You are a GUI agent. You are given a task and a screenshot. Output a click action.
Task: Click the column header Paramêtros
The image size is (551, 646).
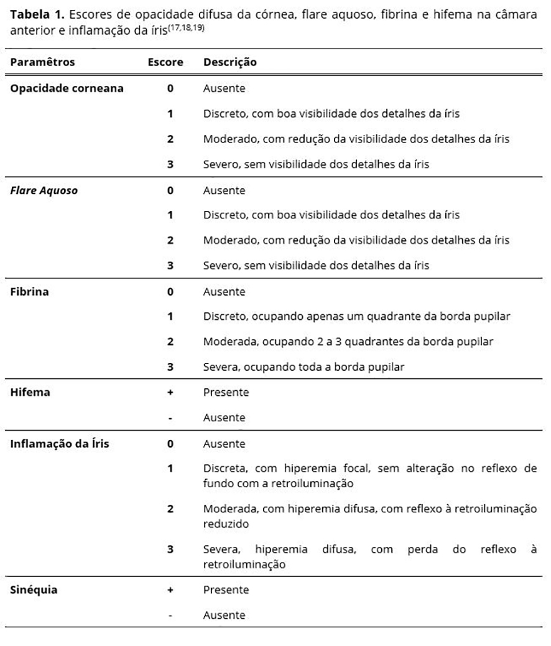(x=42, y=62)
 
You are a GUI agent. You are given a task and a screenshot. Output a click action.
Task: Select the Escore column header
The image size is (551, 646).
(x=165, y=62)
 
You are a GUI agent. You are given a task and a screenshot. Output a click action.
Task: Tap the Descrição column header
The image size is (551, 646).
(x=229, y=62)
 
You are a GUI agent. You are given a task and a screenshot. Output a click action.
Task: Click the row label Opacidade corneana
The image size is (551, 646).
(x=67, y=88)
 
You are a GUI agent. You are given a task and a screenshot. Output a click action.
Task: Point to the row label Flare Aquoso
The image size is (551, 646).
(x=44, y=190)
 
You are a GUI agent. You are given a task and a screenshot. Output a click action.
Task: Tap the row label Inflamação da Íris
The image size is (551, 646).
(x=60, y=444)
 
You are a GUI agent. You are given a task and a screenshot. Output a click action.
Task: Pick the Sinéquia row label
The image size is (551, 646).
(x=34, y=590)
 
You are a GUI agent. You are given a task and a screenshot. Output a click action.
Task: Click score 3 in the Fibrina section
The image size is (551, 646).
(x=170, y=367)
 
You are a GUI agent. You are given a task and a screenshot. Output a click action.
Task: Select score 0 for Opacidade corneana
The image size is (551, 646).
(x=170, y=88)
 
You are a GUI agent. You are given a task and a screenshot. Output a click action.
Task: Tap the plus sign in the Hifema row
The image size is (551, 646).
(x=170, y=393)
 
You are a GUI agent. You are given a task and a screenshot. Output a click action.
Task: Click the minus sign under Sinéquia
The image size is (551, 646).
(x=170, y=616)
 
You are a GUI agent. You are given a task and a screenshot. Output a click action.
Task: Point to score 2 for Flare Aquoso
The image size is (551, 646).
(x=170, y=240)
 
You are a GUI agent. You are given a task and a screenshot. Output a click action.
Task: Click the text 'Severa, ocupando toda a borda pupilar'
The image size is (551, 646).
(x=303, y=367)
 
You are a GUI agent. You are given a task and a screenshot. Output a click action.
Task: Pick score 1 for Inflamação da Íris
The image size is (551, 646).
(x=170, y=469)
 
